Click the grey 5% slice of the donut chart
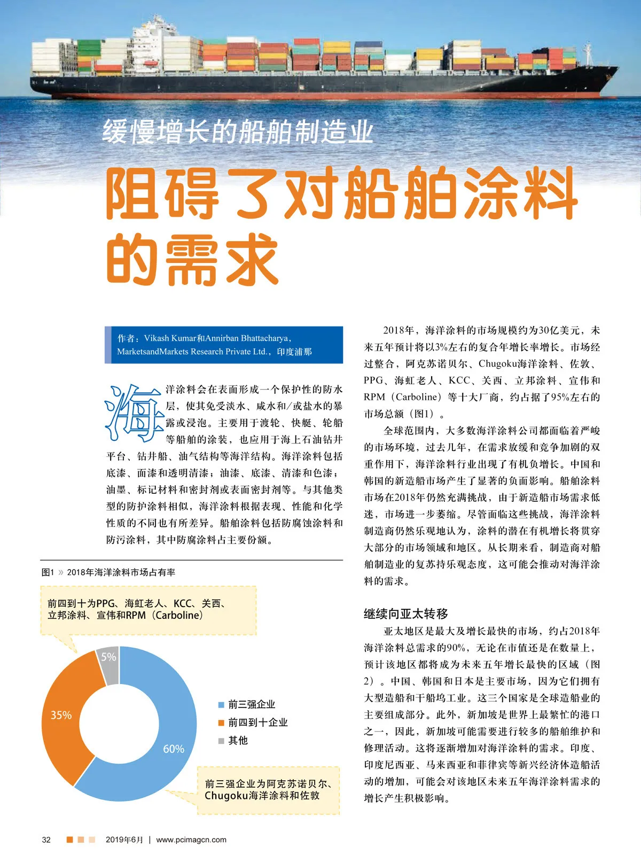tap(108, 663)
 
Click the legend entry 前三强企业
tap(251, 704)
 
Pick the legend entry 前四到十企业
tap(257, 723)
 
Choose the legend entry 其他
tap(238, 740)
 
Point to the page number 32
tap(46, 840)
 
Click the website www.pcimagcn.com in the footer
tap(191, 840)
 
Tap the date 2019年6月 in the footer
tap(124, 840)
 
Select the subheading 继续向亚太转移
tap(406, 613)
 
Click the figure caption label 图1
tap(48, 572)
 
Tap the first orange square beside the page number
tap(69, 840)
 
